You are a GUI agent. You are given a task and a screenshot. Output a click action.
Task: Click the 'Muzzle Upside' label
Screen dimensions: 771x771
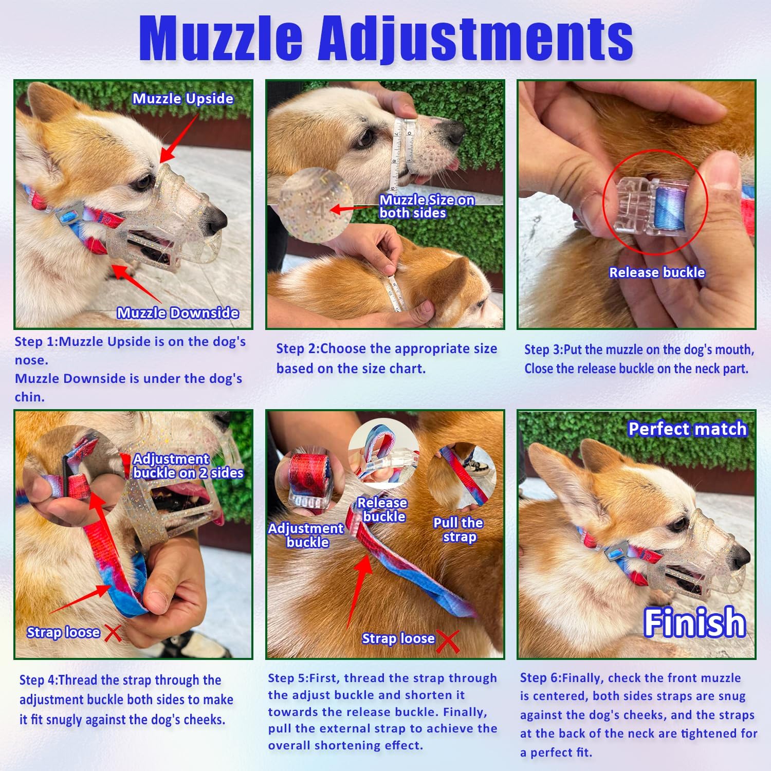pos(183,99)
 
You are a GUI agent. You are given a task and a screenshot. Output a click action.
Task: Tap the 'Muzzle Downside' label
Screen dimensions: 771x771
pos(178,313)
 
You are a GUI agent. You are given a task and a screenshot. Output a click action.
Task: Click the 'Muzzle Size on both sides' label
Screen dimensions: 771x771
pos(427,207)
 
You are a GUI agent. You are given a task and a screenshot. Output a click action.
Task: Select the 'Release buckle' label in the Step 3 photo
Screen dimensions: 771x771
pos(657,272)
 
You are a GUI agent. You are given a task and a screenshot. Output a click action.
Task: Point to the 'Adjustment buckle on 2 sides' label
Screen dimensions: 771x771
pos(188,466)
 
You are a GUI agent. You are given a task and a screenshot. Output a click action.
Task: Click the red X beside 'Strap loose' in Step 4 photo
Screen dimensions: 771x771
pos(113,633)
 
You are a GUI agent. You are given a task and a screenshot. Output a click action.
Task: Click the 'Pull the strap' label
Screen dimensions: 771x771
pos(458,530)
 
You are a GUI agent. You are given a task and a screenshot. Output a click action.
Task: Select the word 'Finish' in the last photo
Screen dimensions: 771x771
pos(694,622)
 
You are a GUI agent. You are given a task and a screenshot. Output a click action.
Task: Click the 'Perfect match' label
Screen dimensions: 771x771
pos(687,429)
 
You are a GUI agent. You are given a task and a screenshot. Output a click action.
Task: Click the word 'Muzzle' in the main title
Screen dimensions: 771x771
pos(221,38)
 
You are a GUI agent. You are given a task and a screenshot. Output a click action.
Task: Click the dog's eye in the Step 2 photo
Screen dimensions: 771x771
pos(365,137)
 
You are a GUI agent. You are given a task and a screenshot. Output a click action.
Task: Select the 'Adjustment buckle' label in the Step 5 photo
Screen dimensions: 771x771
pos(306,535)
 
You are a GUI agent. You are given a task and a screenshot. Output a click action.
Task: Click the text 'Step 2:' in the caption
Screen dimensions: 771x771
pos(298,349)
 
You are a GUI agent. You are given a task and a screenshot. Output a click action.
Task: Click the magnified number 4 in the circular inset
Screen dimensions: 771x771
pos(320,211)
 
